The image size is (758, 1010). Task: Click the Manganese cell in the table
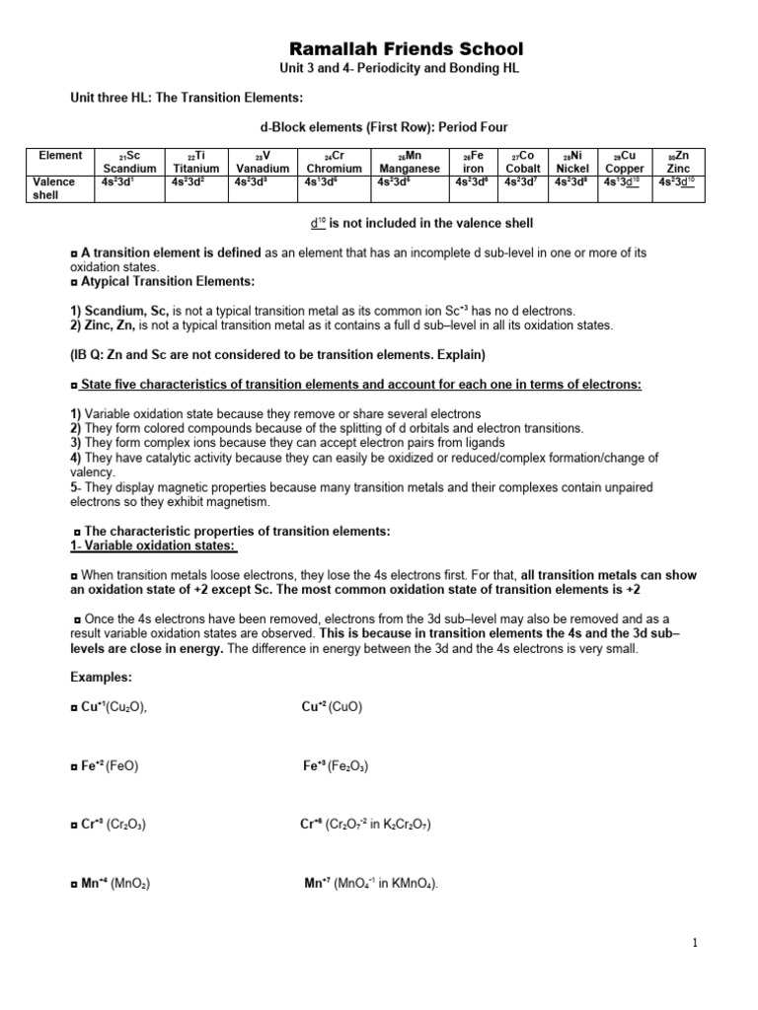coord(409,162)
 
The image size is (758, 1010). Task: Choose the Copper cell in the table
coord(624,162)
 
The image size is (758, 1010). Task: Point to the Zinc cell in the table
coord(678,162)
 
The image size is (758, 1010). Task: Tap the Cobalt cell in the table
coord(524,162)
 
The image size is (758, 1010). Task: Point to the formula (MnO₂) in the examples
coord(129,883)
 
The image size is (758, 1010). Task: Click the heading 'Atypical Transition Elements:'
coord(168,282)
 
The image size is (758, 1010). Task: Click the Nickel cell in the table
coord(572,162)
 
